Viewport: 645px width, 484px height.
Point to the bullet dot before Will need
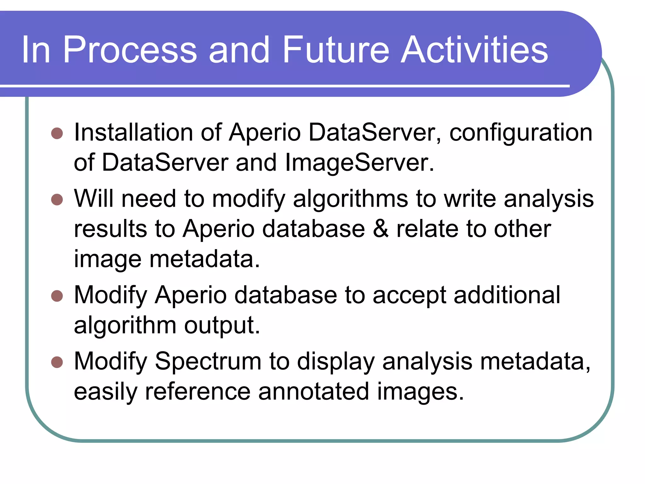57,199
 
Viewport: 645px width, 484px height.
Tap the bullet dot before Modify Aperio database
57,296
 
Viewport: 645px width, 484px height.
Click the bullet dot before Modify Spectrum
57,362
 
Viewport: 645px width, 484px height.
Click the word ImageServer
359,163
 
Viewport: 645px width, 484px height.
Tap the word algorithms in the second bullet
350,199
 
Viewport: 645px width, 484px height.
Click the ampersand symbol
380,229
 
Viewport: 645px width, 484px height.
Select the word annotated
313,392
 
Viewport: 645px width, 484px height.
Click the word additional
507,295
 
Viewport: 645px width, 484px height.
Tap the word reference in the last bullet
197,392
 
